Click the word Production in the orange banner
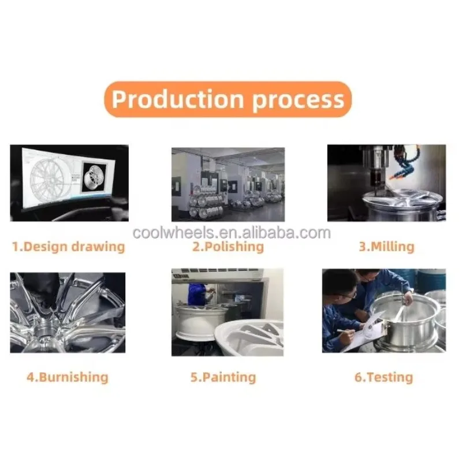[x=178, y=99]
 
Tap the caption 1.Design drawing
[x=68, y=247]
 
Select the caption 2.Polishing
[x=228, y=247]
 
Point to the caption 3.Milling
[x=386, y=247]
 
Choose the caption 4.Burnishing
[x=68, y=377]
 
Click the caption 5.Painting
[x=223, y=377]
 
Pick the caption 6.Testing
[x=383, y=377]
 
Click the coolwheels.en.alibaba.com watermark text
[x=232, y=233]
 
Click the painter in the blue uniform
[x=198, y=294]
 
